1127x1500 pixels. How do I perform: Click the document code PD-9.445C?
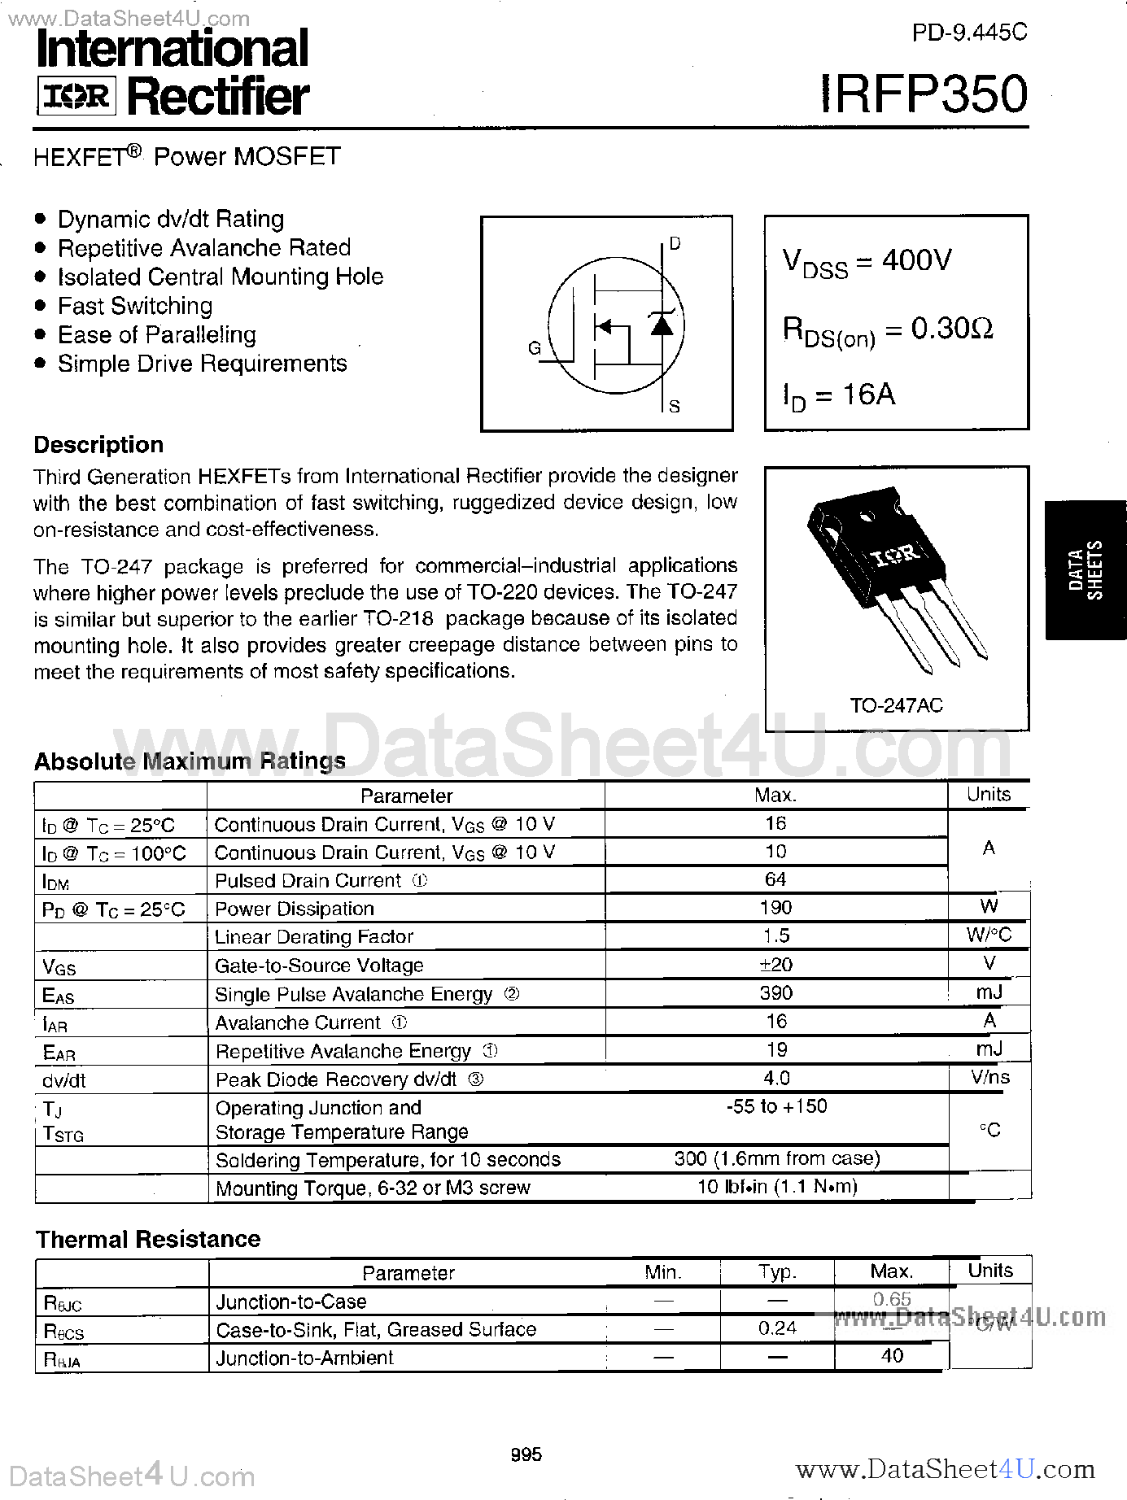point(969,33)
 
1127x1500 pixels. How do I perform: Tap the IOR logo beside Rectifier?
point(76,97)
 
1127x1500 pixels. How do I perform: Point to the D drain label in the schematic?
point(675,243)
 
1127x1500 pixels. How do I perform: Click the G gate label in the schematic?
point(534,348)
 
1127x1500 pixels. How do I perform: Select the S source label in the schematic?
point(674,406)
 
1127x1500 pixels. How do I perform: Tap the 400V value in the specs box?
point(916,260)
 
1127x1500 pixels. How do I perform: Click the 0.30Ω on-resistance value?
point(951,328)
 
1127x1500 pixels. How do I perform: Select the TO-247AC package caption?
point(896,705)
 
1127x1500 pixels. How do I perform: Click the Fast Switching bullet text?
point(135,306)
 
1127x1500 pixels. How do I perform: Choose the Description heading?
point(98,445)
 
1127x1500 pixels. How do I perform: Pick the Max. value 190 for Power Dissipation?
point(775,908)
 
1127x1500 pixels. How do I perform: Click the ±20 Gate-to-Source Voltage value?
point(775,965)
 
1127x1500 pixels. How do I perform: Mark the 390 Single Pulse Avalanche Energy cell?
point(775,993)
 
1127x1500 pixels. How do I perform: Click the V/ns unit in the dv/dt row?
point(989,1078)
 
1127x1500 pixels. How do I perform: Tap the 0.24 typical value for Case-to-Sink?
point(777,1328)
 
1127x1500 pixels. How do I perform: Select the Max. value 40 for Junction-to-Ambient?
point(892,1356)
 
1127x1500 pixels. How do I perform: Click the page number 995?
point(526,1454)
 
